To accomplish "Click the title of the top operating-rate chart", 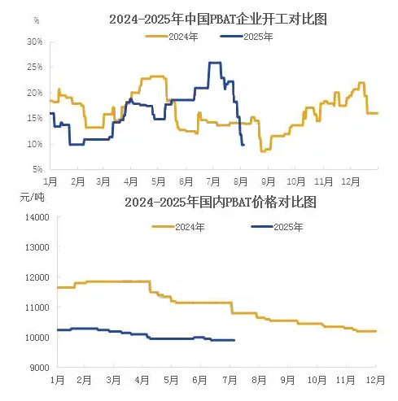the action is coord(218,20).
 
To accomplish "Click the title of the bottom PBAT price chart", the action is coord(221,203).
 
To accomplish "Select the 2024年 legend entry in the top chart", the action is coord(172,37).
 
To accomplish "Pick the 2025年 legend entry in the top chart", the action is coord(247,37).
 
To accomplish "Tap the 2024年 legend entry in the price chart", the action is coord(178,227).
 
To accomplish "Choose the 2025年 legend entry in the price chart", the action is coord(277,227).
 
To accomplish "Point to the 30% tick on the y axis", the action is coord(35,41).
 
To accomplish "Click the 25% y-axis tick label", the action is coord(35,67).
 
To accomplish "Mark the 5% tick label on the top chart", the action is coord(37,169).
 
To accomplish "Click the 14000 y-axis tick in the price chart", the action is coord(37,217).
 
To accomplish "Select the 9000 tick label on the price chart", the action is coord(40,368).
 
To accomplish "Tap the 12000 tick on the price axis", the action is coord(37,277).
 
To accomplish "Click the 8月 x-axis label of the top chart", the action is coord(240,181).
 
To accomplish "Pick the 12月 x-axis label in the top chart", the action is coord(350,181).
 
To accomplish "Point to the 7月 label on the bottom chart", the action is coord(230,380).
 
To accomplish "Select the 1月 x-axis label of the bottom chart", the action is coord(57,380).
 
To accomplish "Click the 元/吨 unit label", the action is coord(32,197).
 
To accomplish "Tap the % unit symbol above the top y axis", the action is coord(37,20).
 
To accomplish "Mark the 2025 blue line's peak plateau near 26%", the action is coord(215,63).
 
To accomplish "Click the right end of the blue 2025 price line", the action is coord(234,340).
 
